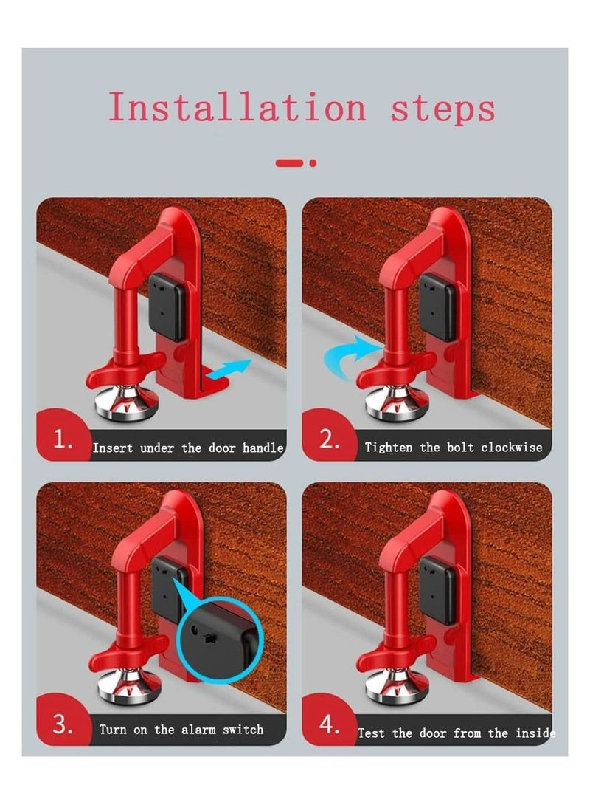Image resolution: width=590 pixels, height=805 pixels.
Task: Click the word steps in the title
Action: point(443,109)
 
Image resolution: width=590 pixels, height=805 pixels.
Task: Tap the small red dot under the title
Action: point(313,162)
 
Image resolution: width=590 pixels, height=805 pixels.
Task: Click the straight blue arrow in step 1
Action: point(229,371)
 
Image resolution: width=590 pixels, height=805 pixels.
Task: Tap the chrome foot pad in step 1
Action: point(126,403)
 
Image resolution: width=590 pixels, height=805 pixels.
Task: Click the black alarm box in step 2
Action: point(438,306)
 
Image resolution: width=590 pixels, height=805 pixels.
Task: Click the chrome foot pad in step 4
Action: point(397,685)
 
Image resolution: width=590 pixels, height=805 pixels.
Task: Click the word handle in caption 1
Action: point(263,448)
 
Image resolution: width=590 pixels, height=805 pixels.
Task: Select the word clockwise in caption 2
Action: point(512,447)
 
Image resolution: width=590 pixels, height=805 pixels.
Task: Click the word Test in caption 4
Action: point(371,733)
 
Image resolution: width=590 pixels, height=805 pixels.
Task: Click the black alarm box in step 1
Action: point(167,306)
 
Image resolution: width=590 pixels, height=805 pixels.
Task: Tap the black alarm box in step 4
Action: point(438,590)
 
